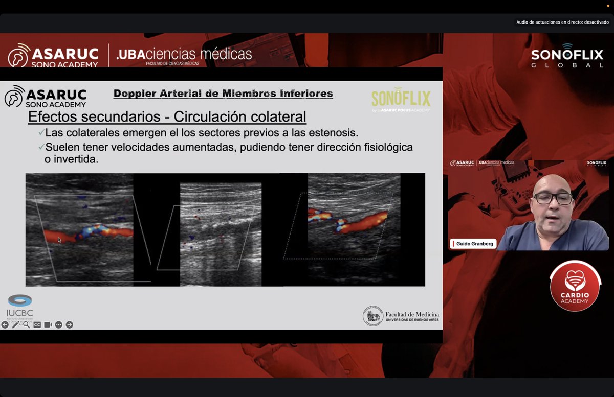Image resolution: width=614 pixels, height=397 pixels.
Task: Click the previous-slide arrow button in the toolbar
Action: [x=5, y=324]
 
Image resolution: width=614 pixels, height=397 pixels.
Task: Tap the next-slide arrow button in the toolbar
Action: [x=70, y=324]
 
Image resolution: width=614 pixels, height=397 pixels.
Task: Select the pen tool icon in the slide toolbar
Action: [x=16, y=324]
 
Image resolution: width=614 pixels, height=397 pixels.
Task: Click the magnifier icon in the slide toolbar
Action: [x=26, y=324]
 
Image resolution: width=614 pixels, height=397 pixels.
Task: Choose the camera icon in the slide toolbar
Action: [x=48, y=324]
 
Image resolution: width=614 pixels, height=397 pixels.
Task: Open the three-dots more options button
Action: [x=59, y=324]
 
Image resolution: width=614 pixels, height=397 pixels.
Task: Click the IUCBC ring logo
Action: [x=20, y=301]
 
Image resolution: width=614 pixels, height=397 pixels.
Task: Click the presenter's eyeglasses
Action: [x=553, y=198]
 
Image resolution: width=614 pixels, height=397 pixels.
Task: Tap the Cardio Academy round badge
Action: [x=575, y=286]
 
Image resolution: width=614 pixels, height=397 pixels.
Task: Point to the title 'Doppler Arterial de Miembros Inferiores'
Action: [x=223, y=94]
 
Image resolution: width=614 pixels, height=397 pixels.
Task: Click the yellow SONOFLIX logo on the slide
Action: [x=401, y=98]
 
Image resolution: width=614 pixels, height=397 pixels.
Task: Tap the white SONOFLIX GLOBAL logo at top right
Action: [x=567, y=58]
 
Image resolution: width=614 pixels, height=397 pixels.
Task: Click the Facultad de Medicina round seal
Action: [x=372, y=316]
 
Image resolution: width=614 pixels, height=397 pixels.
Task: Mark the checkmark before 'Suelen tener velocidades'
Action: [x=41, y=147]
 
